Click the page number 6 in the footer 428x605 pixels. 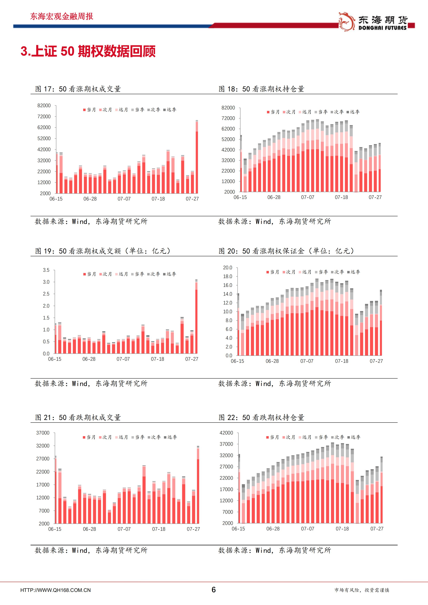(x=214, y=589)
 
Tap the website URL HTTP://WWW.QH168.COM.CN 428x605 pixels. (x=55, y=590)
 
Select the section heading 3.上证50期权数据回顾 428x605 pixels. (x=88, y=51)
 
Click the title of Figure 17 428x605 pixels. (x=78, y=89)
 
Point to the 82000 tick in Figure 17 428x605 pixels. (x=44, y=105)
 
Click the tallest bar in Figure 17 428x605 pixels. (x=197, y=158)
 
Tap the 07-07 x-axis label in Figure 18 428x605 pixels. (x=308, y=197)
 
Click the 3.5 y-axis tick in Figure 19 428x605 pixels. (x=46, y=270)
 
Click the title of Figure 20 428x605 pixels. (x=286, y=251)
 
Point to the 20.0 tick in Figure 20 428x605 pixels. (x=228, y=268)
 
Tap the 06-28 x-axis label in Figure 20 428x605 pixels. (x=272, y=361)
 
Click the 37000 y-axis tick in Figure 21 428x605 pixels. (x=43, y=433)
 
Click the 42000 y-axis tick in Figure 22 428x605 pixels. (x=226, y=433)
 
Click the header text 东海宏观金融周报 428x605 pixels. (x=61, y=16)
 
